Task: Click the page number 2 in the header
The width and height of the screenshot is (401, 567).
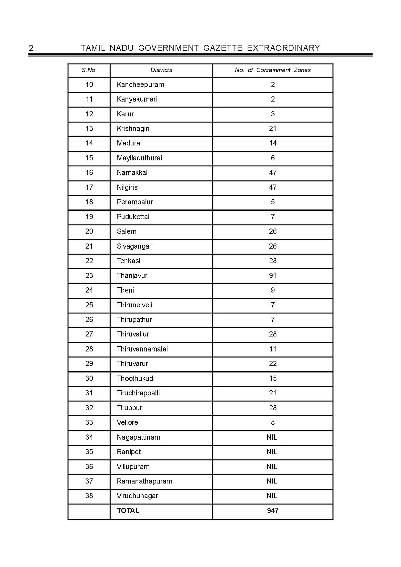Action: pyautogui.click(x=31, y=48)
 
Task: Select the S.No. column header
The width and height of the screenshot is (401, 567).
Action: pyautogui.click(x=89, y=70)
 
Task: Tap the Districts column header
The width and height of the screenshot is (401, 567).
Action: pyautogui.click(x=161, y=70)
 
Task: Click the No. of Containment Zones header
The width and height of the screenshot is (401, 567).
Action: pyautogui.click(x=273, y=70)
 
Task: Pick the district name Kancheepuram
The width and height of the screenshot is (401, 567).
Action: pyautogui.click(x=140, y=85)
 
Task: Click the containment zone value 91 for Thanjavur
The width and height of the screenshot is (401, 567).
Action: pyautogui.click(x=273, y=276)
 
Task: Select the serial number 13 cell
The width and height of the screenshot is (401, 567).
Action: pyautogui.click(x=89, y=129)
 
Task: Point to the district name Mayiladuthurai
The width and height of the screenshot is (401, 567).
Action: pyautogui.click(x=139, y=158)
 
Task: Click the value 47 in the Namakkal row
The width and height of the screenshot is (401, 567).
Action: pyautogui.click(x=273, y=173)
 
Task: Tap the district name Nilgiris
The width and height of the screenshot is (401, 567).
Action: pyautogui.click(x=127, y=187)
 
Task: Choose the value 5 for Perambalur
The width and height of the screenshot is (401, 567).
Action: pyautogui.click(x=273, y=202)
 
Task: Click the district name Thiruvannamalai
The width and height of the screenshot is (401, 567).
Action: pyautogui.click(x=142, y=349)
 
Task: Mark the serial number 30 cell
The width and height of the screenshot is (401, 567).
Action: pyautogui.click(x=89, y=379)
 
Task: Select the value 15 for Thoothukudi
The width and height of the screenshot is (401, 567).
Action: pyautogui.click(x=273, y=379)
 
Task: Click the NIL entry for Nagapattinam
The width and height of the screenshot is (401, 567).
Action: pyautogui.click(x=272, y=437)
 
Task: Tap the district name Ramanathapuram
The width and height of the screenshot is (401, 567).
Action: pyautogui.click(x=144, y=481)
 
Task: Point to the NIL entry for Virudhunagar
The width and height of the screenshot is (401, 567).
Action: pyautogui.click(x=272, y=496)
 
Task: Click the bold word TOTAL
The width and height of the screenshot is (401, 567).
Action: pyautogui.click(x=128, y=511)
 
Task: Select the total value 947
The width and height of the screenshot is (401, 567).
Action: pyautogui.click(x=273, y=511)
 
